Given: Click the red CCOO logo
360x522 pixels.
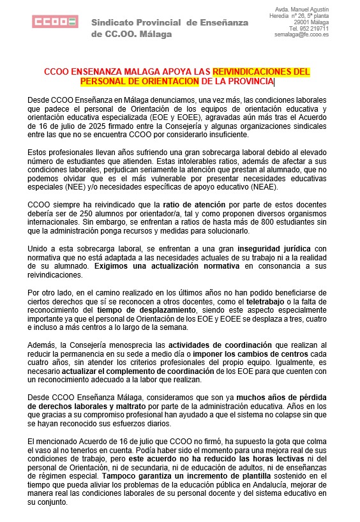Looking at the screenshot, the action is pos(55,22).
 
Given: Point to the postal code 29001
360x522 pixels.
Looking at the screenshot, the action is pos(302,22).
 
